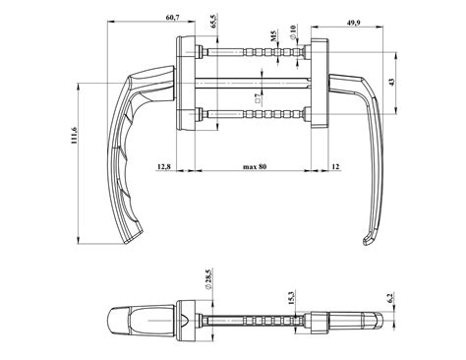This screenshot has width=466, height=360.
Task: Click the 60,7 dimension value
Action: (173, 18)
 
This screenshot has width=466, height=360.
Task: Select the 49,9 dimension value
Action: (354, 23)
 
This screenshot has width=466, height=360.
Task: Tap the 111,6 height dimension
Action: (73, 136)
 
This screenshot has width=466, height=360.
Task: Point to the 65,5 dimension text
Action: (213, 22)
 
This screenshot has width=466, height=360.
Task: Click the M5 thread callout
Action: (273, 36)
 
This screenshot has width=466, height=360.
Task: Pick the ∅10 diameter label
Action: (293, 32)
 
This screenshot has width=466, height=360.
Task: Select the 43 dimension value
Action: (391, 82)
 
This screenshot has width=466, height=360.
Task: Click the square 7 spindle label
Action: (258, 98)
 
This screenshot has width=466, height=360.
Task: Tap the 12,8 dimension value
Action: (164, 166)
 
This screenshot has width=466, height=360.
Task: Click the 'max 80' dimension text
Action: (255, 166)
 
